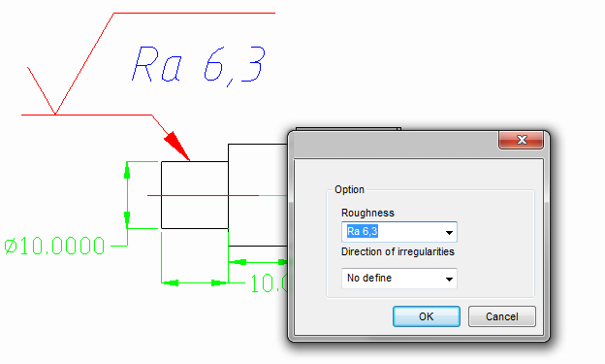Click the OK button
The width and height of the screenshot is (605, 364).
pyautogui.click(x=426, y=316)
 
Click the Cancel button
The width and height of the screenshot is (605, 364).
pyautogui.click(x=501, y=316)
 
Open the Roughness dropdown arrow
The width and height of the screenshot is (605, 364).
pyautogui.click(x=449, y=233)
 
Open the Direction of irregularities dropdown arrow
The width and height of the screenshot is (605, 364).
pyautogui.click(x=449, y=279)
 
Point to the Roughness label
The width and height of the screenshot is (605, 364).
pyautogui.click(x=367, y=213)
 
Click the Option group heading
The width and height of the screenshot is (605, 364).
pyautogui.click(x=349, y=190)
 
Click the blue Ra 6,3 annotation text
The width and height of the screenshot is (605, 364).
pyautogui.click(x=198, y=64)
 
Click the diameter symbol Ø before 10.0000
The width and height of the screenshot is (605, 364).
pyautogui.click(x=12, y=247)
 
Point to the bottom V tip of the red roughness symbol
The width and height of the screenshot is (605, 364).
pyautogui.click(x=55, y=114)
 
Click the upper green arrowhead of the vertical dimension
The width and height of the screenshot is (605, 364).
pyautogui.click(x=126, y=170)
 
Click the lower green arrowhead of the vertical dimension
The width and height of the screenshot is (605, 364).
pyautogui.click(x=126, y=219)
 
